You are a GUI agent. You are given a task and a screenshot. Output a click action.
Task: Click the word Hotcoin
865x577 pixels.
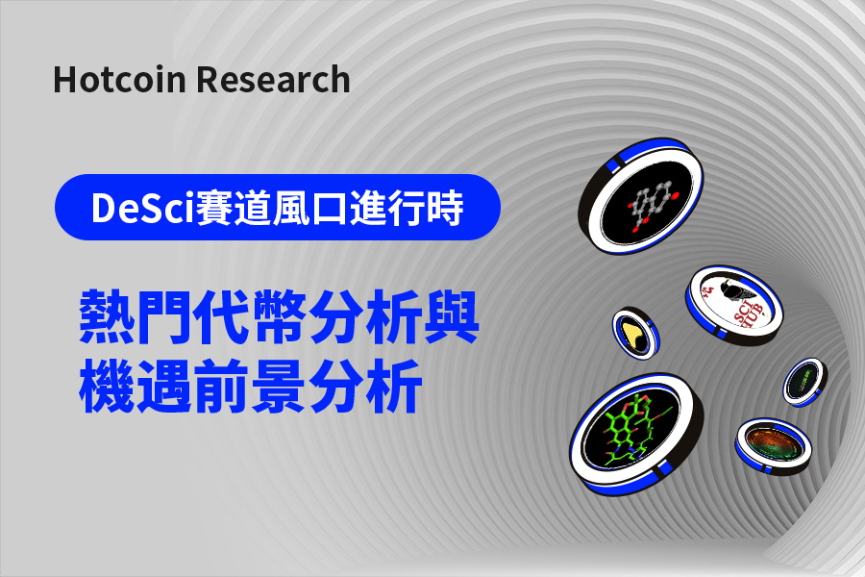point(119,80)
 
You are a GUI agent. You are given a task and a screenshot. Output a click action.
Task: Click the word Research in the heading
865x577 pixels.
point(273,80)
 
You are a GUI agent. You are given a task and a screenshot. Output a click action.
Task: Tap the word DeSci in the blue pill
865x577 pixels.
point(143,208)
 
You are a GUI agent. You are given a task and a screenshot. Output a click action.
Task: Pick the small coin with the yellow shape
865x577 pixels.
point(636,334)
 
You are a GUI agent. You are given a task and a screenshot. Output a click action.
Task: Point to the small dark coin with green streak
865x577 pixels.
point(804,382)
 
